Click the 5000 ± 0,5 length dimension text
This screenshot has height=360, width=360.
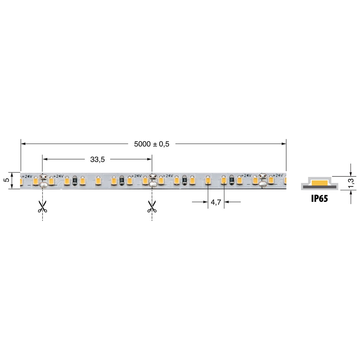point(151,144)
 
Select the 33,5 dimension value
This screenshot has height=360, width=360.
point(97,160)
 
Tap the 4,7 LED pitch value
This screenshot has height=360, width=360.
point(216,202)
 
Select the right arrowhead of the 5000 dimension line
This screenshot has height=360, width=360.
point(283,144)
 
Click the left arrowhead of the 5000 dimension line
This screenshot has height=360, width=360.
point(24,144)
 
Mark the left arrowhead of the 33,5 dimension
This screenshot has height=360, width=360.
point(45,159)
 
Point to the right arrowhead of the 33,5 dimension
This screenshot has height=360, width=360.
point(149,159)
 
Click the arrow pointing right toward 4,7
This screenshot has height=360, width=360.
point(206,202)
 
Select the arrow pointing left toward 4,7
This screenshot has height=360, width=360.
point(227,202)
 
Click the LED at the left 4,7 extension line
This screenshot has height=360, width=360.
point(208,180)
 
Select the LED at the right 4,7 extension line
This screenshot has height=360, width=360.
point(224,180)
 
